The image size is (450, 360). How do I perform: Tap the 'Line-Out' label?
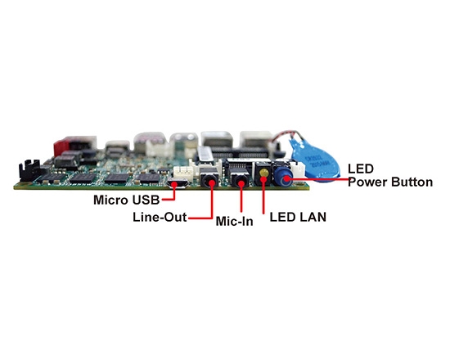[159, 218]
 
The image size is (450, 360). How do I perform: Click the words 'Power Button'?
[389, 182]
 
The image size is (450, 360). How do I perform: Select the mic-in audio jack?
[241, 181]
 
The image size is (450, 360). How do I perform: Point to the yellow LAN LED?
[263, 173]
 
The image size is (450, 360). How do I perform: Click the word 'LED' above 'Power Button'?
[360, 169]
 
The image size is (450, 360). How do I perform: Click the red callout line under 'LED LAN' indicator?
[263, 196]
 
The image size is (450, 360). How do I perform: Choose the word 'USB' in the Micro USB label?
[144, 199]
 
